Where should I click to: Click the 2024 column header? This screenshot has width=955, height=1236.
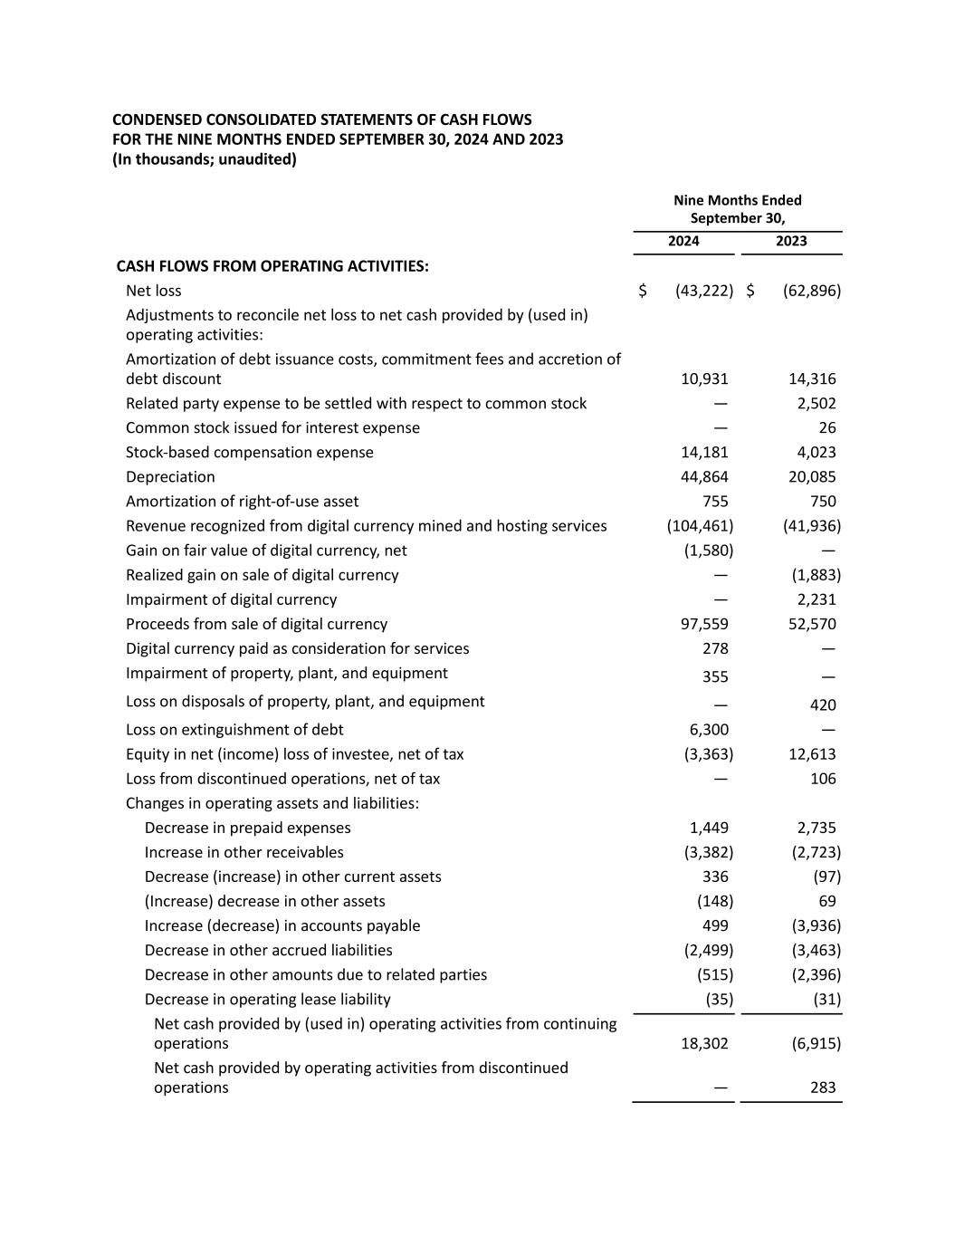click(683, 241)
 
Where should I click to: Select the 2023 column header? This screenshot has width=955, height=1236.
click(791, 241)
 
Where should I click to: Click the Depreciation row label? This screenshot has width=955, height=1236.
click(170, 476)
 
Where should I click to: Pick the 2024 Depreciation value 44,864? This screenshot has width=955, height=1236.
click(703, 476)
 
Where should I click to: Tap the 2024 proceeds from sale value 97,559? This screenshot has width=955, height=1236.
click(703, 624)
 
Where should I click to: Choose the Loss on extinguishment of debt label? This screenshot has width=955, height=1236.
click(234, 729)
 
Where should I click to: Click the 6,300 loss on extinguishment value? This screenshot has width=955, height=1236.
click(708, 729)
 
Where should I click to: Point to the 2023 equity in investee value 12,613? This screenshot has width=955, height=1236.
click(811, 753)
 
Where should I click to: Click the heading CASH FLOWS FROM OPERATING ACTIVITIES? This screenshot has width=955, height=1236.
click(272, 266)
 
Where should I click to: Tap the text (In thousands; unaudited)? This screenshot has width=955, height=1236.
click(205, 159)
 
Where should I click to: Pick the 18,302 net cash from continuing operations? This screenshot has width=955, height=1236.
click(703, 1043)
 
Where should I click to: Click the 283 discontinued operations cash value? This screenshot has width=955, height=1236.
click(822, 1087)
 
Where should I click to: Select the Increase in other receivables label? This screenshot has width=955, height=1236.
click(244, 852)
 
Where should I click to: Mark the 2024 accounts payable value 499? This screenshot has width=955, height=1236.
click(715, 925)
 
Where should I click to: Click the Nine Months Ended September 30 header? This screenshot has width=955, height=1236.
click(737, 209)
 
